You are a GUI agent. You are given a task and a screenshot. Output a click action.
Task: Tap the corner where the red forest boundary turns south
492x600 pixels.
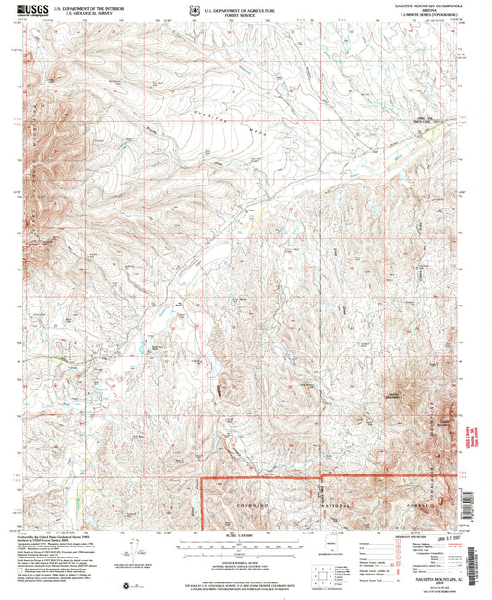point(204,478)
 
